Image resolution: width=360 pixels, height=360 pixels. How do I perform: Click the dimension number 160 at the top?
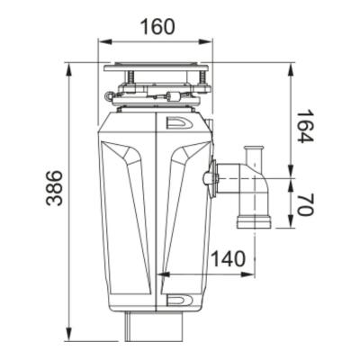(x=157, y=27)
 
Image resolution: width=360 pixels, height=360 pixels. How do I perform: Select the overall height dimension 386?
(x=56, y=188)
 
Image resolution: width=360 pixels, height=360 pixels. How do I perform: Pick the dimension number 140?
(x=228, y=260)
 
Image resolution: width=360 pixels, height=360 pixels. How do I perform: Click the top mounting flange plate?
(x=157, y=67)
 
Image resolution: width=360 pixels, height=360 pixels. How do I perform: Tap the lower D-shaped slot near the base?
(x=177, y=300)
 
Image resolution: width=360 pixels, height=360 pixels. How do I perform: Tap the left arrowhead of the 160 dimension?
(x=102, y=41)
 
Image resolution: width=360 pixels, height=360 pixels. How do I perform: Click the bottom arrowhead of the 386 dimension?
(x=69, y=337)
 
